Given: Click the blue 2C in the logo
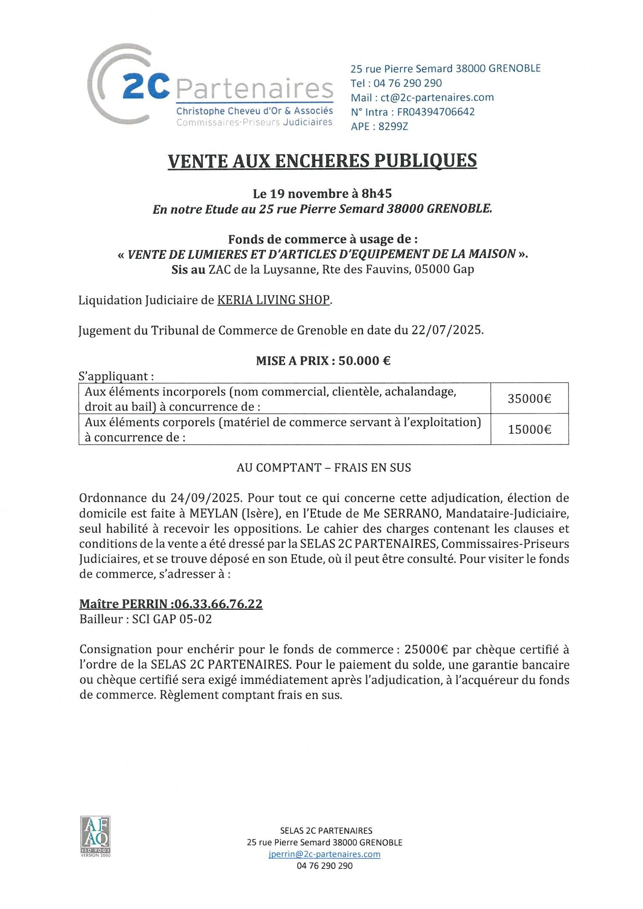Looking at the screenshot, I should [146, 87].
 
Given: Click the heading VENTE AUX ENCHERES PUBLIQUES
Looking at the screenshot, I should [322, 161].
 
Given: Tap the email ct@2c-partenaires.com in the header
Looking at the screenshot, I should [437, 98].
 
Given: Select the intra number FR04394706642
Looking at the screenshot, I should [436, 112].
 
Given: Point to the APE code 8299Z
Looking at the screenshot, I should [393, 126].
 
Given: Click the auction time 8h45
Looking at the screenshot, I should [376, 194].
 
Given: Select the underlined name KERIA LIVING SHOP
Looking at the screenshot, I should [273, 300].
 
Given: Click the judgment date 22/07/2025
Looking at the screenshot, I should [447, 330].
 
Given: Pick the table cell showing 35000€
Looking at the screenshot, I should [529, 399].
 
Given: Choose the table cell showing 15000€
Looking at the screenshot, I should [529, 429].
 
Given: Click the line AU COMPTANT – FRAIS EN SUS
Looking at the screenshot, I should [323, 468].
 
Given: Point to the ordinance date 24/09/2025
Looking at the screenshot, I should [206, 498].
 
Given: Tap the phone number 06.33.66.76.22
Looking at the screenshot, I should [218, 604].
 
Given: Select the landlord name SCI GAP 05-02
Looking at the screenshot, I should [172, 619].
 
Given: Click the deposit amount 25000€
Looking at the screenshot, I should [426, 650].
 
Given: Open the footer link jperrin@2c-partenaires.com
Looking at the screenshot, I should [324, 854].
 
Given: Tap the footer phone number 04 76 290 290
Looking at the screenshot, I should [324, 866].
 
